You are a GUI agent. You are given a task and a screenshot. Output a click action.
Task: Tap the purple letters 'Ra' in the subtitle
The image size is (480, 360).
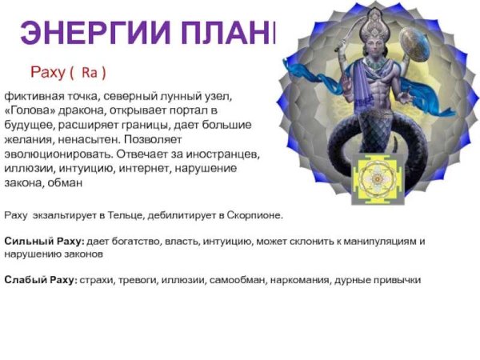tap(89, 73)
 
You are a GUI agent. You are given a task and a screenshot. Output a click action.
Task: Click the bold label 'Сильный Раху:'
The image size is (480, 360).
tap(39, 240)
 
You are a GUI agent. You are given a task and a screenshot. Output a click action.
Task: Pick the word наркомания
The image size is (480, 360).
tap(300, 280)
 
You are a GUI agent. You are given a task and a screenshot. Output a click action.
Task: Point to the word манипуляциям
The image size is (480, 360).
tap(374, 240)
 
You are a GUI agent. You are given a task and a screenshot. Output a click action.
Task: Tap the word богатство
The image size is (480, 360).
tap(146, 240)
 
